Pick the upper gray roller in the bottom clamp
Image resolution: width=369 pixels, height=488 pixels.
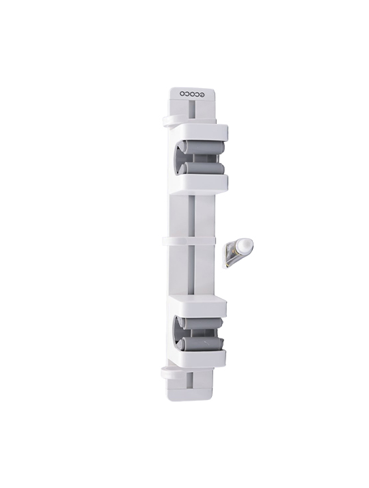click(202, 324)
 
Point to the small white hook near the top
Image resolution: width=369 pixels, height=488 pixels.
click(170, 121)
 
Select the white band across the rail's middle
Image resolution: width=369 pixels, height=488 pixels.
click(189, 240)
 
